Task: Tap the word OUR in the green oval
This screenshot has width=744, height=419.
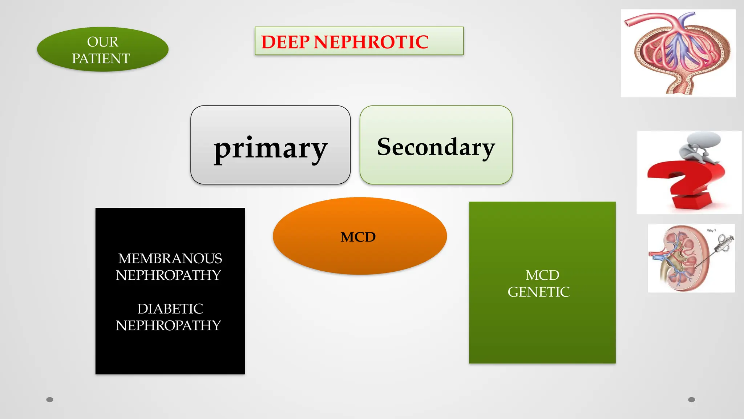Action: tap(103, 42)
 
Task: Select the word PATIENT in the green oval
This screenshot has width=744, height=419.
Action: tap(101, 59)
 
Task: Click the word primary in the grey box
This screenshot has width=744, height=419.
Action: tap(270, 148)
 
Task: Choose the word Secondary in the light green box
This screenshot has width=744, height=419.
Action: tap(436, 147)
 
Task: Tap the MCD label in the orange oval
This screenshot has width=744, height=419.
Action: tap(358, 237)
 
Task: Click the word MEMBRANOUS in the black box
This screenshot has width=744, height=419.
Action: tap(170, 259)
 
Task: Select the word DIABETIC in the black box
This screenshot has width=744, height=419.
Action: tap(170, 309)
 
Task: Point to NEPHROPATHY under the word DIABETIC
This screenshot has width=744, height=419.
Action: tap(168, 326)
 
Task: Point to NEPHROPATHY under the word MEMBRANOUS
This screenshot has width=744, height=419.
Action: tap(168, 275)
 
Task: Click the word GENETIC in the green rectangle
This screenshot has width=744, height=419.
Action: tap(538, 292)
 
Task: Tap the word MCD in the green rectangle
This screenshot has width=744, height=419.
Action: tap(542, 275)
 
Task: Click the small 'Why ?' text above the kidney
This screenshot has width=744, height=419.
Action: tap(711, 231)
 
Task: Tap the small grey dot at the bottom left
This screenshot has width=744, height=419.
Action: tap(50, 400)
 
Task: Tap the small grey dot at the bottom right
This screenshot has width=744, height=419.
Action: tap(692, 400)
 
